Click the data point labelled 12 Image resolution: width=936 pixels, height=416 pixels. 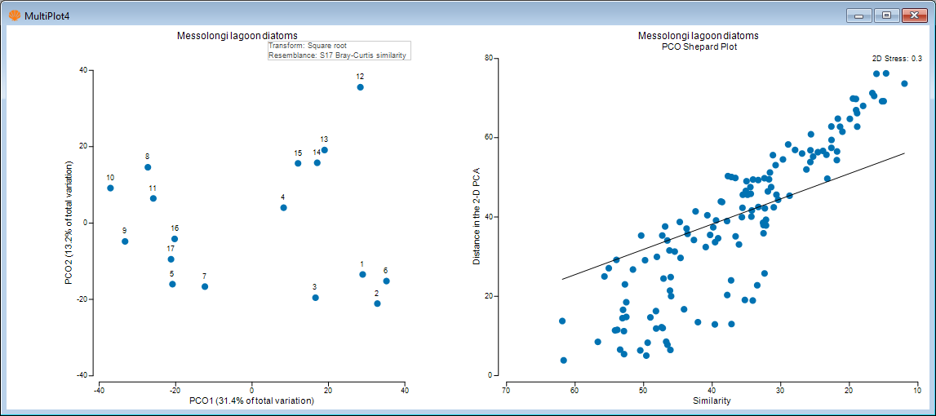click(x=360, y=87)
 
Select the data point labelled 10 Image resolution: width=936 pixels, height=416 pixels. click(x=110, y=188)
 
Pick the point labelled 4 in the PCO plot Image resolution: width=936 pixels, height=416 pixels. click(x=283, y=208)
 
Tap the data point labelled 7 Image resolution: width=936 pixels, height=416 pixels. click(x=205, y=287)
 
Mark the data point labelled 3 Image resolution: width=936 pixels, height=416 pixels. click(x=315, y=298)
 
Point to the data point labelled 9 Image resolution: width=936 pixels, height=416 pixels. click(x=125, y=241)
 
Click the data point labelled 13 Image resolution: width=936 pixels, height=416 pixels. click(x=324, y=150)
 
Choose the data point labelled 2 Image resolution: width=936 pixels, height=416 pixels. click(x=377, y=303)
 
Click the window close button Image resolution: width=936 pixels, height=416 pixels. click(x=912, y=15)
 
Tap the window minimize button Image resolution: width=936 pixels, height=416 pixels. click(x=859, y=15)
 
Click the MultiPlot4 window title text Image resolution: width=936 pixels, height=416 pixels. click(x=47, y=15)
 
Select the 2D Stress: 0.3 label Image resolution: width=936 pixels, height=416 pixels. click(x=897, y=59)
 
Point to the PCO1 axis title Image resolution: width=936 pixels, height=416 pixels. click(x=251, y=401)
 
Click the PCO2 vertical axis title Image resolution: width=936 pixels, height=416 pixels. click(x=70, y=223)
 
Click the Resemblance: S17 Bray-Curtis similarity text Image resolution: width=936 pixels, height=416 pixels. click(x=337, y=55)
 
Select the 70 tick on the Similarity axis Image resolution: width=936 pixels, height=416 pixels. click(x=506, y=389)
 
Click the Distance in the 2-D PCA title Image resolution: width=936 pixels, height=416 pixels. click(x=477, y=216)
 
